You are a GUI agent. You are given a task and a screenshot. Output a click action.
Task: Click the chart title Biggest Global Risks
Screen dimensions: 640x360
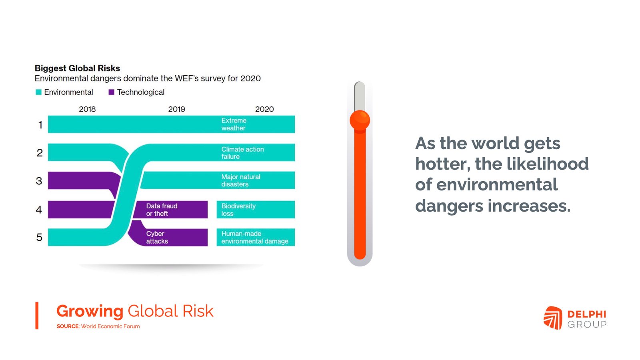click(77, 68)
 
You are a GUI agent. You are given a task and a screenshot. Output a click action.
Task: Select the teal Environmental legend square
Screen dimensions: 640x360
click(38, 92)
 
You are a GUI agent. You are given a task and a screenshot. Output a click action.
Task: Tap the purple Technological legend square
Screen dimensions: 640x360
click(112, 92)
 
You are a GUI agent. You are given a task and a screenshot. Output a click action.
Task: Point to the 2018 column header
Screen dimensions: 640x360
click(87, 109)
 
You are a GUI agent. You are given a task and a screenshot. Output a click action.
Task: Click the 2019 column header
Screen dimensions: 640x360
click(176, 109)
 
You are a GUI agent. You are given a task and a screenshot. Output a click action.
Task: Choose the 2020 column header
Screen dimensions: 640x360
click(264, 109)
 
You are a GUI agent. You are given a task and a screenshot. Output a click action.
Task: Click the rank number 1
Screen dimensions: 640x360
click(40, 125)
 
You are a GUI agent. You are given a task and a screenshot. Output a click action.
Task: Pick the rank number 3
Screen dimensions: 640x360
click(39, 181)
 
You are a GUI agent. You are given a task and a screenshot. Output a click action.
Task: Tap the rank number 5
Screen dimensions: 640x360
click(39, 237)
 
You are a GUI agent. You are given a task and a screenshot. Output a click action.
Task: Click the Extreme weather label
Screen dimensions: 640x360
click(234, 124)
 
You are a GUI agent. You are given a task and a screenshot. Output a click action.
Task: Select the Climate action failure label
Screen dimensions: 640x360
click(242, 153)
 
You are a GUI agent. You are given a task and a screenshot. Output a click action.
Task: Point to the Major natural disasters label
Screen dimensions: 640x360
click(241, 180)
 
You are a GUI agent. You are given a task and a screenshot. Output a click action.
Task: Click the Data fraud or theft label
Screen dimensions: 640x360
click(162, 210)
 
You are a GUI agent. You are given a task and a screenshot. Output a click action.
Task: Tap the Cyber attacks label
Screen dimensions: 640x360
click(157, 238)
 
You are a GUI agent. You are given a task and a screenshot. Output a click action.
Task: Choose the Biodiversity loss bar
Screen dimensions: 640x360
click(256, 210)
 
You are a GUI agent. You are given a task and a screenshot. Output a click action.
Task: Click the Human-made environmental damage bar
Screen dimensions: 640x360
click(256, 237)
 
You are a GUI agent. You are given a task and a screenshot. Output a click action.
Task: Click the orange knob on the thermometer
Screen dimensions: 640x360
click(360, 120)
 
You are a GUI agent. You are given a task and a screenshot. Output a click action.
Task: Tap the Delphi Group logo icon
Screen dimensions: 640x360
click(553, 318)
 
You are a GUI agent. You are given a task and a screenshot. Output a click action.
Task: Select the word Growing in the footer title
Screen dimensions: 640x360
click(90, 312)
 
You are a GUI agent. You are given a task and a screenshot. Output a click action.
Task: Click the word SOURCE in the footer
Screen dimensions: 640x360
click(68, 326)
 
